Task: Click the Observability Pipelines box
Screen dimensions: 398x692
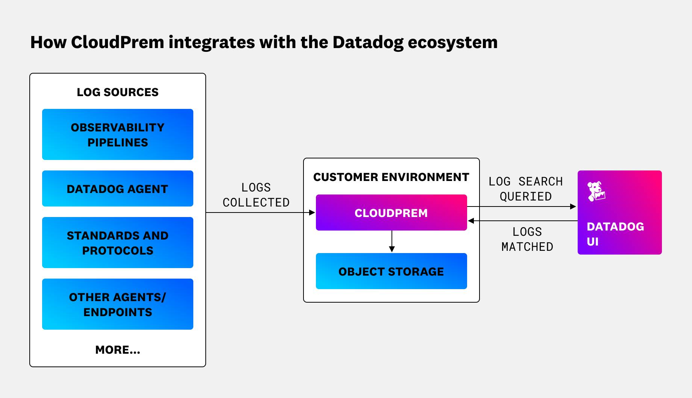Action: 117,134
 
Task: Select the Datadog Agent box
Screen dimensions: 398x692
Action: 117,188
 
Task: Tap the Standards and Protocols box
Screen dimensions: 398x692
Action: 117,243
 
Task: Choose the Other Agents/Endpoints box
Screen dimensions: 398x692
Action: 117,304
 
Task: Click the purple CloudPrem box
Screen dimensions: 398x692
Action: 391,213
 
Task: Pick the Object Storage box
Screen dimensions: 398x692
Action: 391,271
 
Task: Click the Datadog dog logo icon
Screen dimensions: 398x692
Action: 596,191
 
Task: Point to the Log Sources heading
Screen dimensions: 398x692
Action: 117,92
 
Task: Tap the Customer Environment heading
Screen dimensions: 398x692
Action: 391,177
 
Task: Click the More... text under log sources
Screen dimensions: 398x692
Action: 117,350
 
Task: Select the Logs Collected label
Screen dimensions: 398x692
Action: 256,195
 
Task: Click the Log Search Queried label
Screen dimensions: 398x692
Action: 525,189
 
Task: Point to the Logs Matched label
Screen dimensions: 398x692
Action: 527,239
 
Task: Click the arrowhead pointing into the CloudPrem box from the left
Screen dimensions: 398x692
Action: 312,213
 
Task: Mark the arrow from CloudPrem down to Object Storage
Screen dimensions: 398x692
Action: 392,242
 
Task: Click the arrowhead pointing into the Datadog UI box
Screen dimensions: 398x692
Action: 573,207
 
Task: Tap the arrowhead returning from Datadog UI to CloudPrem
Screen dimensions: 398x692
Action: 471,221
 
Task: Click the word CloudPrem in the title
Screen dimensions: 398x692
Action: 117,42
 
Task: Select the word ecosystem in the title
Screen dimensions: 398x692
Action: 452,42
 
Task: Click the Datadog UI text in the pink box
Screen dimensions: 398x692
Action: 615,234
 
